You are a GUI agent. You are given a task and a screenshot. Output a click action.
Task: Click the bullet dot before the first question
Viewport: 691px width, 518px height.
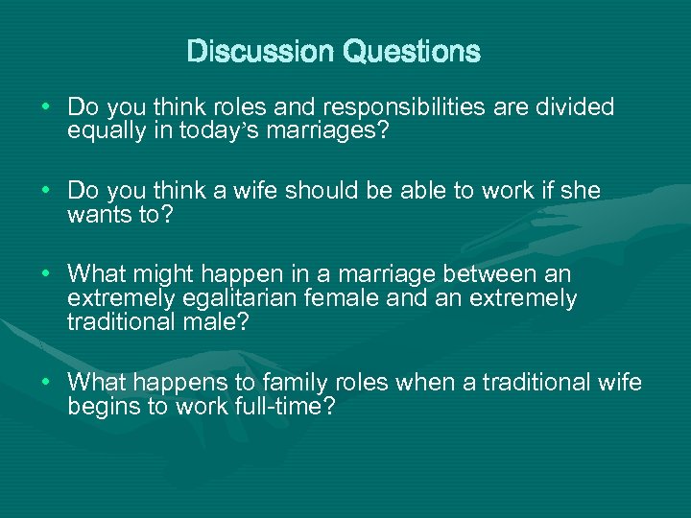coord(47,107)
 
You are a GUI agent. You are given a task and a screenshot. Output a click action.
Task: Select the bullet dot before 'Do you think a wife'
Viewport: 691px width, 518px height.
coord(47,191)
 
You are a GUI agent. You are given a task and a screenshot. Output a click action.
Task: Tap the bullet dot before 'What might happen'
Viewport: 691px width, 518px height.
coord(47,274)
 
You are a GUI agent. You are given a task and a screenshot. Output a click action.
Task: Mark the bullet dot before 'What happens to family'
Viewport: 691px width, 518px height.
coord(47,383)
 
